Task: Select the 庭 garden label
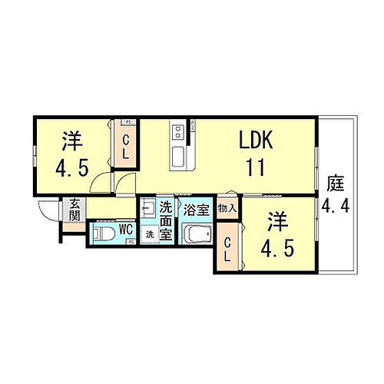335,184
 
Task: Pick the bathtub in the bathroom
198,233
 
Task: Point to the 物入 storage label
226,207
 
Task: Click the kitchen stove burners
178,131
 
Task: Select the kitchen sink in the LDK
179,158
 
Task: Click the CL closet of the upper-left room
127,147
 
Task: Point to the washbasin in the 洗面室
149,208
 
